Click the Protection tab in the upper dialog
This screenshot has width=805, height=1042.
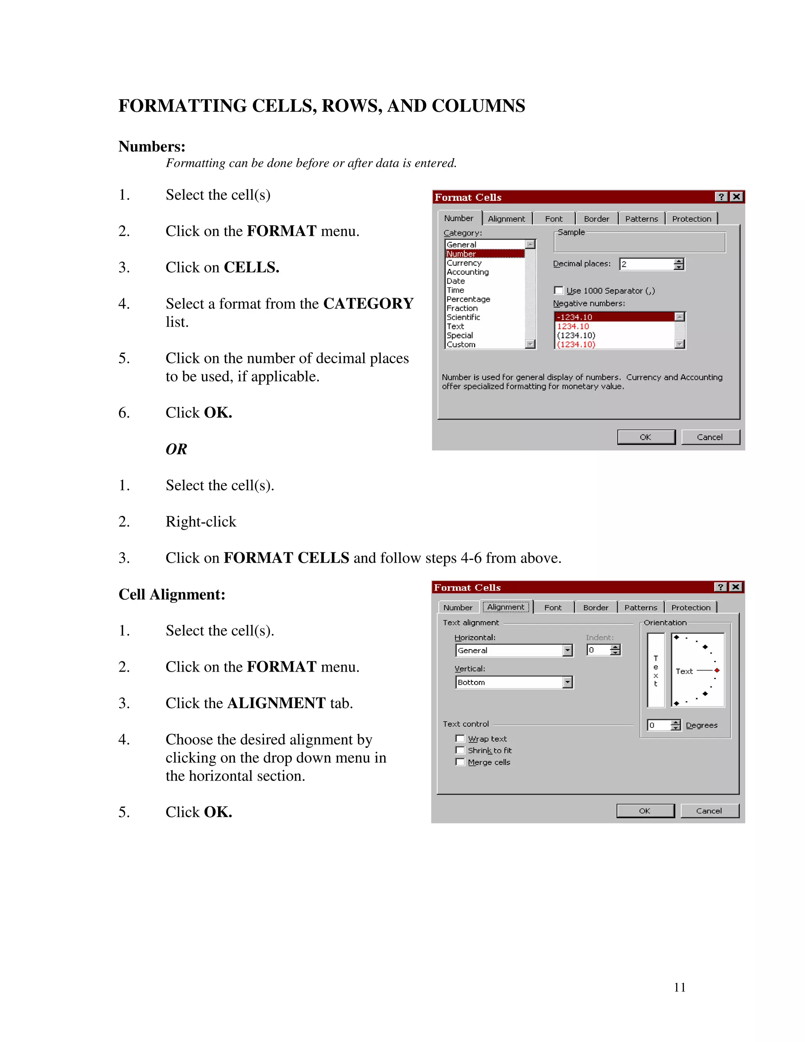(x=691, y=219)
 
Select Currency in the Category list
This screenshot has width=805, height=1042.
(x=464, y=263)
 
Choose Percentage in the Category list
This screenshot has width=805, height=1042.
(x=468, y=299)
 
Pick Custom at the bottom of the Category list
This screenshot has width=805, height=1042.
(x=461, y=344)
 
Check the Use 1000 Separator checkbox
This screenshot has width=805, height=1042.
(x=559, y=291)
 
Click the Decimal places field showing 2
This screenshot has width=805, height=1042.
(x=646, y=264)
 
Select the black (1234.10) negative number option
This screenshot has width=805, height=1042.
(x=576, y=335)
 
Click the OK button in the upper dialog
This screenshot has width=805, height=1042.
(x=646, y=437)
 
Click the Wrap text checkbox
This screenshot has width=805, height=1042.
(x=460, y=738)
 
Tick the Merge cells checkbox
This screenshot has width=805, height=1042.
(x=460, y=762)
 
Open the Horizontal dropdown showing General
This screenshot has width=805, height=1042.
(x=567, y=650)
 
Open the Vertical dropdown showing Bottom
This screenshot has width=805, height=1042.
(x=567, y=682)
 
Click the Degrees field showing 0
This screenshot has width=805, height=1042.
(x=658, y=725)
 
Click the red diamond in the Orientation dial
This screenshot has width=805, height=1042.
(x=717, y=671)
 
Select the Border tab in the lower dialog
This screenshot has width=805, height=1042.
(x=595, y=608)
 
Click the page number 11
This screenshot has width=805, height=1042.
(x=680, y=987)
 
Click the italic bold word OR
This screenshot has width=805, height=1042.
(x=176, y=449)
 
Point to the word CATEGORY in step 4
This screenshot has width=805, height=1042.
(x=368, y=304)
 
